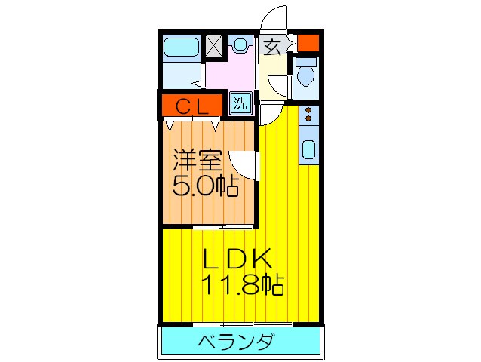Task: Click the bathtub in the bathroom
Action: coord(180,49)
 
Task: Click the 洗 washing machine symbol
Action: coord(239,103)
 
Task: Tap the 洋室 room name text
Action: coord(198,160)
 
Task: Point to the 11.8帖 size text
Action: coord(241,285)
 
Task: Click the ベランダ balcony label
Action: coord(235,343)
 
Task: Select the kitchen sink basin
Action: coord(308,151)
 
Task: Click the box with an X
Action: coord(214,46)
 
